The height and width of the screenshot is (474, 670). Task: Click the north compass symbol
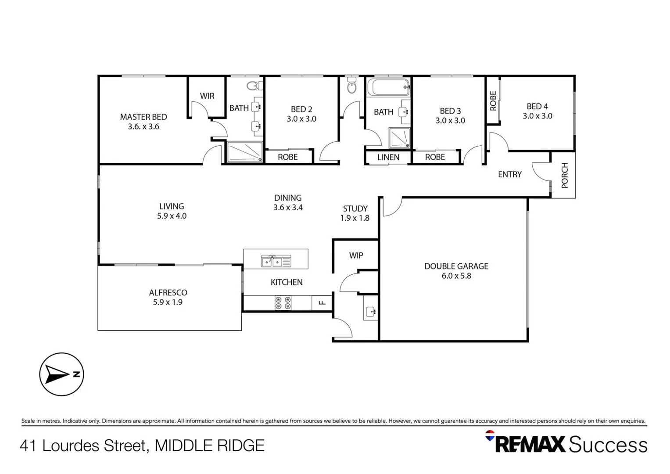[61, 374]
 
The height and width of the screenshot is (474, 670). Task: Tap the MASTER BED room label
[143, 117]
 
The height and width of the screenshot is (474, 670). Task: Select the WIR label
[207, 96]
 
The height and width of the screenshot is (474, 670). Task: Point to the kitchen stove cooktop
[283, 303]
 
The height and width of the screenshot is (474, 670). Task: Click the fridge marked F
[322, 303]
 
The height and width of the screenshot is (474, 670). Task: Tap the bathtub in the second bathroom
[388, 87]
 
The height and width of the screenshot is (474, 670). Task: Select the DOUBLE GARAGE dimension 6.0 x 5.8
[456, 276]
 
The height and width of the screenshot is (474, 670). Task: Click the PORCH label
[564, 175]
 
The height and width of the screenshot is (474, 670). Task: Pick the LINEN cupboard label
[388, 157]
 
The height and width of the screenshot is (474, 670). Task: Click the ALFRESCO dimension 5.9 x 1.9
[168, 302]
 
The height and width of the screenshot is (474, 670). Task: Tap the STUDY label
[355, 209]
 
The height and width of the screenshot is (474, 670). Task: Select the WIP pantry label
[356, 255]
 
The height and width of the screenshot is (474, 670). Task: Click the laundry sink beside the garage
[371, 312]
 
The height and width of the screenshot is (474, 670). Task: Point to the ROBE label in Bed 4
[493, 101]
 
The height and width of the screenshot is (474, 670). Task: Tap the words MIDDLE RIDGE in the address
[210, 446]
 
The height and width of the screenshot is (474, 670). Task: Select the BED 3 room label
[450, 111]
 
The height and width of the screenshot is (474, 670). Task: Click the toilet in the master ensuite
[253, 85]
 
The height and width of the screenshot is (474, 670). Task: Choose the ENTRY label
[509, 175]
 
